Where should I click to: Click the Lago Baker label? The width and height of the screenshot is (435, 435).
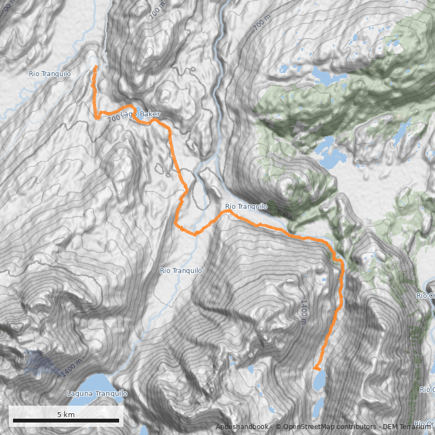(140, 114)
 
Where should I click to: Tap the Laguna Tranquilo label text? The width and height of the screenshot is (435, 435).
(97, 394)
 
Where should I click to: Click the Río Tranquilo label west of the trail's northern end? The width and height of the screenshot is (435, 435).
(50, 73)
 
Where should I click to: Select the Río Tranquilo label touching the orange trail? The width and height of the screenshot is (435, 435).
(246, 207)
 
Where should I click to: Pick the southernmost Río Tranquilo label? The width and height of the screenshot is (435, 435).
(181, 270)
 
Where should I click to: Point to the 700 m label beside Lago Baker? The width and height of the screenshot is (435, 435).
(116, 119)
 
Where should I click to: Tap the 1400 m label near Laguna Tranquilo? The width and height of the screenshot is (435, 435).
(72, 368)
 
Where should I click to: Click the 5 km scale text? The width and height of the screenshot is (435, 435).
(66, 415)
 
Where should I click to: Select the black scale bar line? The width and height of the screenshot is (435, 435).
(66, 421)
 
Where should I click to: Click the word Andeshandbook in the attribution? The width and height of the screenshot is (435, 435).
(241, 427)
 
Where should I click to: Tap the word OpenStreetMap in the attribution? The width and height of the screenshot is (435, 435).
(306, 427)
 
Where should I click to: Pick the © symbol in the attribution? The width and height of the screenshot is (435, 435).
(278, 427)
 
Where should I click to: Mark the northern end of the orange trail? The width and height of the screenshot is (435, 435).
(96, 67)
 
